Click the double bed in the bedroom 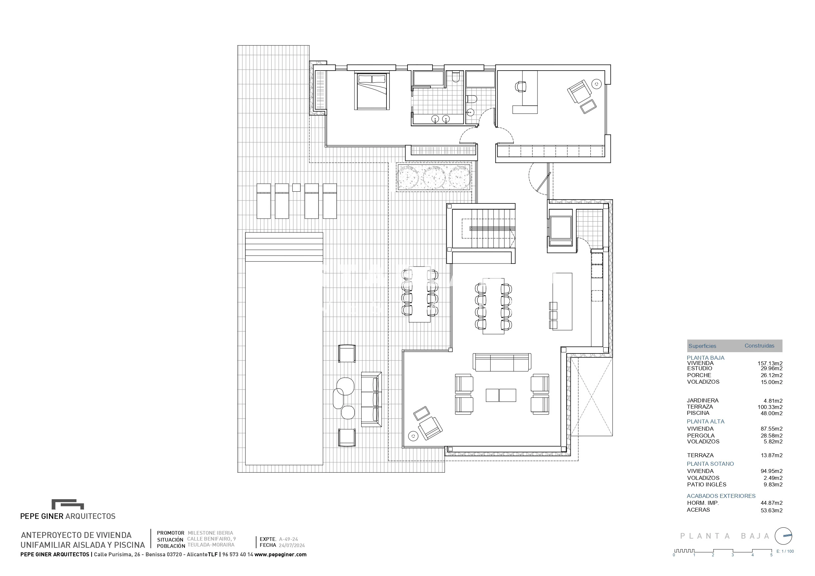(x=372, y=91)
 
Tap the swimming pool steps (x=284, y=247)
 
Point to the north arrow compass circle (x=783, y=536)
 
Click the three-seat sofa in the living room (x=502, y=362)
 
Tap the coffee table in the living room (x=501, y=395)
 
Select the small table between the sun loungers (x=297, y=187)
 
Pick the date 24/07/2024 (x=292, y=545)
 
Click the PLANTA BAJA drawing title (x=724, y=536)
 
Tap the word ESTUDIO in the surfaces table (x=699, y=368)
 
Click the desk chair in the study (x=520, y=86)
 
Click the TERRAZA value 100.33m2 (x=770, y=407)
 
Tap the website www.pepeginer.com (x=280, y=554)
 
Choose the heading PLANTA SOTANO (x=710, y=464)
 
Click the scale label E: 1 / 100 (x=785, y=551)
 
